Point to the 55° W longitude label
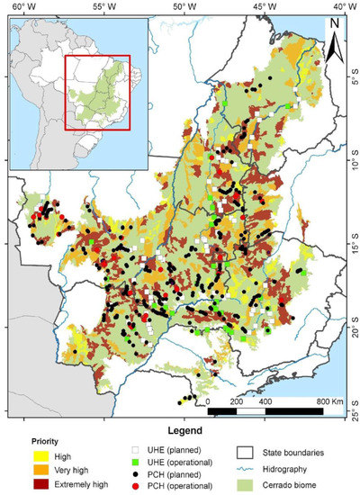click(x=98, y=7)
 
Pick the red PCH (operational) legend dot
click(x=136, y=486)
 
